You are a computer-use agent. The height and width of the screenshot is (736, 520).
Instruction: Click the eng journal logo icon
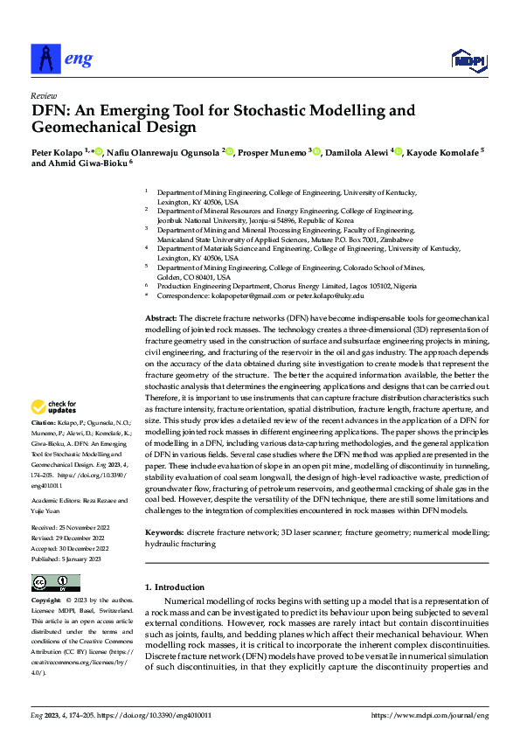click(45, 58)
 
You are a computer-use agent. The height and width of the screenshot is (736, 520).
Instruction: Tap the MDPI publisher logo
click(467, 59)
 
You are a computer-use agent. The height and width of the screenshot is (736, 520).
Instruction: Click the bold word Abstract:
click(161, 318)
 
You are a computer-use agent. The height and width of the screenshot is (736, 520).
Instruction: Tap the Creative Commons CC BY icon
click(55, 583)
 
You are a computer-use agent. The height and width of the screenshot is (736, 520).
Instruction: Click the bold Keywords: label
click(164, 532)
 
